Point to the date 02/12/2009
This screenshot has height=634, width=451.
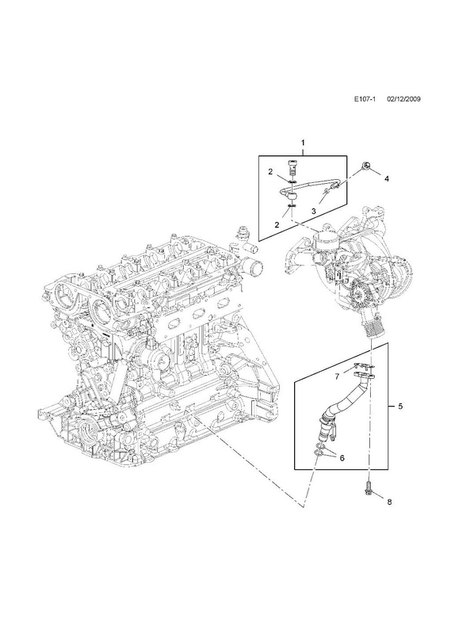point(403,99)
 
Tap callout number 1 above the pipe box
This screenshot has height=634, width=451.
point(303,143)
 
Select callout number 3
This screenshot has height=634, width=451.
point(313,211)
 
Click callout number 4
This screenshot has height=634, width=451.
point(387,178)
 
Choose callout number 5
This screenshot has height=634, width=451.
point(400,407)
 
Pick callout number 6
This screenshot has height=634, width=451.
point(342,458)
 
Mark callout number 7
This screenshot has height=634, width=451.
point(337,377)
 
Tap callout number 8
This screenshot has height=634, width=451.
point(389,502)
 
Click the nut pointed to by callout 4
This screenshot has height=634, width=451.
point(365,166)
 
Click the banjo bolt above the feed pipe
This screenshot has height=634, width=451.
point(292,166)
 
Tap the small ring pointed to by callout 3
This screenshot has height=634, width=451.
point(326,190)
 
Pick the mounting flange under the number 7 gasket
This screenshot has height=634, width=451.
point(363,375)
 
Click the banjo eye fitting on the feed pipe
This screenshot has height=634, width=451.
point(291,196)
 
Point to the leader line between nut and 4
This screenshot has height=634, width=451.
point(375,172)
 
